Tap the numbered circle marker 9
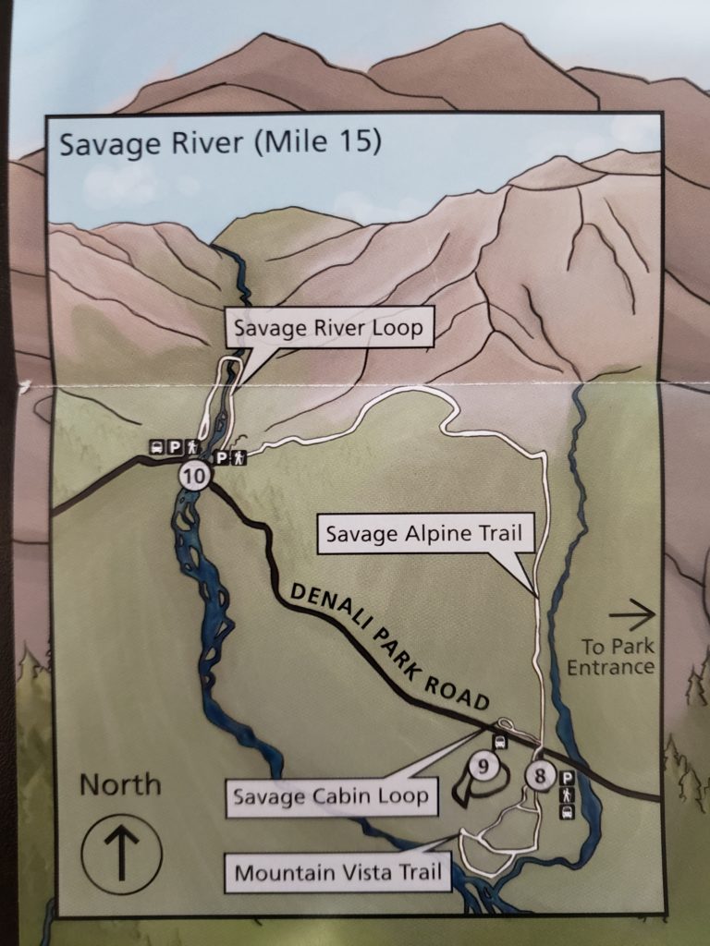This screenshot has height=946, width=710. pos(484,765)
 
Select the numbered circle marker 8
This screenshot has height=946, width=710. pos(541,775)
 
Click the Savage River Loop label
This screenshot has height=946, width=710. pos(328,329)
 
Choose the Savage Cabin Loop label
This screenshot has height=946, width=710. pos(331,795)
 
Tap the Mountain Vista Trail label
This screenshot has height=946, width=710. pos(338,871)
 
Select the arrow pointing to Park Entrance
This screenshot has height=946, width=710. pos(632,612)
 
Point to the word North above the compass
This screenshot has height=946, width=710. pos(119,785)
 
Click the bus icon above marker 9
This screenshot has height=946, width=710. pos(500,742)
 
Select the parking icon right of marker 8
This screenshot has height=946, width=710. pos(567,778)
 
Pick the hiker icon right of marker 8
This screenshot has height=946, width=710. pos(567,794)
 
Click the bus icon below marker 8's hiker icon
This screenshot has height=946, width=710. pos(567,811)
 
